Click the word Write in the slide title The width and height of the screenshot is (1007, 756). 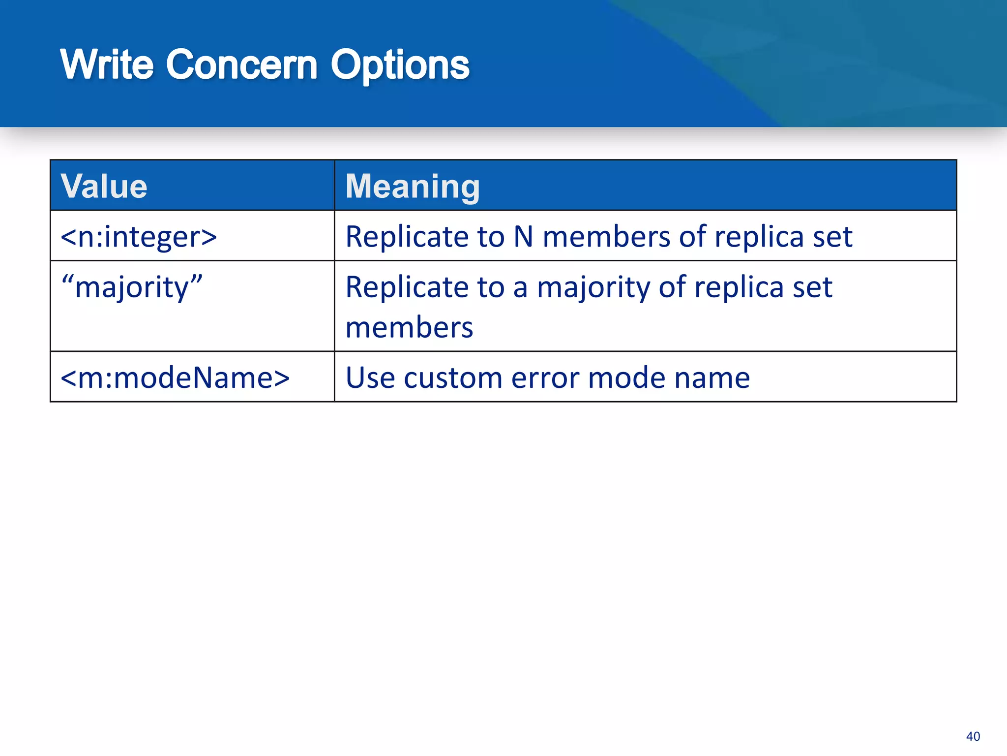(107, 64)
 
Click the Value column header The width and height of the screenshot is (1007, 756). (104, 186)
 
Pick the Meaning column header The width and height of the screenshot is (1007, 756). (413, 186)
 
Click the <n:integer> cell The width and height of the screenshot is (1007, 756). (139, 237)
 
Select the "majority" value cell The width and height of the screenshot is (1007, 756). (132, 287)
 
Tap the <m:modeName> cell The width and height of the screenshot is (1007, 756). (175, 378)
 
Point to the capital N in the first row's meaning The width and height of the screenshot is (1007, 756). (523, 237)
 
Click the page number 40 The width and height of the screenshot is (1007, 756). (973, 736)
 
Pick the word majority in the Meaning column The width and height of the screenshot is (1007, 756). (593, 287)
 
